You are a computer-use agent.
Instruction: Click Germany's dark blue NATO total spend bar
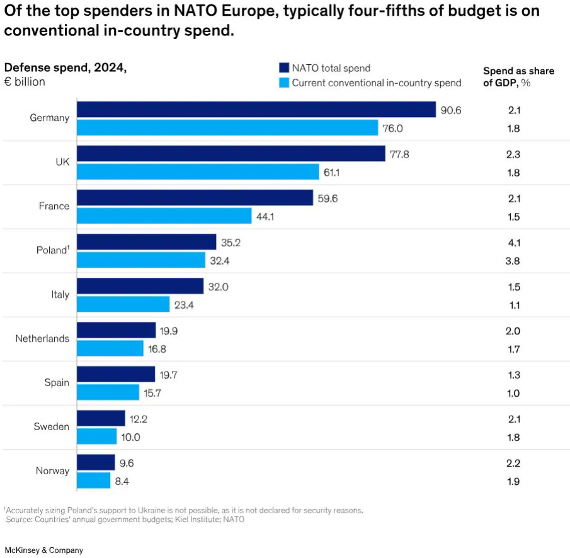point(256,110)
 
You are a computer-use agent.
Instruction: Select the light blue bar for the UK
point(198,172)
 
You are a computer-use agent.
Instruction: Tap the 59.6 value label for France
point(328,198)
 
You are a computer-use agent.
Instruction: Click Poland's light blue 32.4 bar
point(141,260)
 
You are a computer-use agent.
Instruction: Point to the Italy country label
point(60,295)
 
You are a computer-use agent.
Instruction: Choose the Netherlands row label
point(42,339)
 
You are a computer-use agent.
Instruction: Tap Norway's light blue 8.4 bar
point(93,481)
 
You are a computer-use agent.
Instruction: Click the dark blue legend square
point(283,68)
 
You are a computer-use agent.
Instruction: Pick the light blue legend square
point(283,83)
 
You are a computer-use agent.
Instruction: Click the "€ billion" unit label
point(25,82)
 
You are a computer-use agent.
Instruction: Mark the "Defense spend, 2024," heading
point(66,68)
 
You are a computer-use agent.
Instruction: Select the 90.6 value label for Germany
point(451,110)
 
